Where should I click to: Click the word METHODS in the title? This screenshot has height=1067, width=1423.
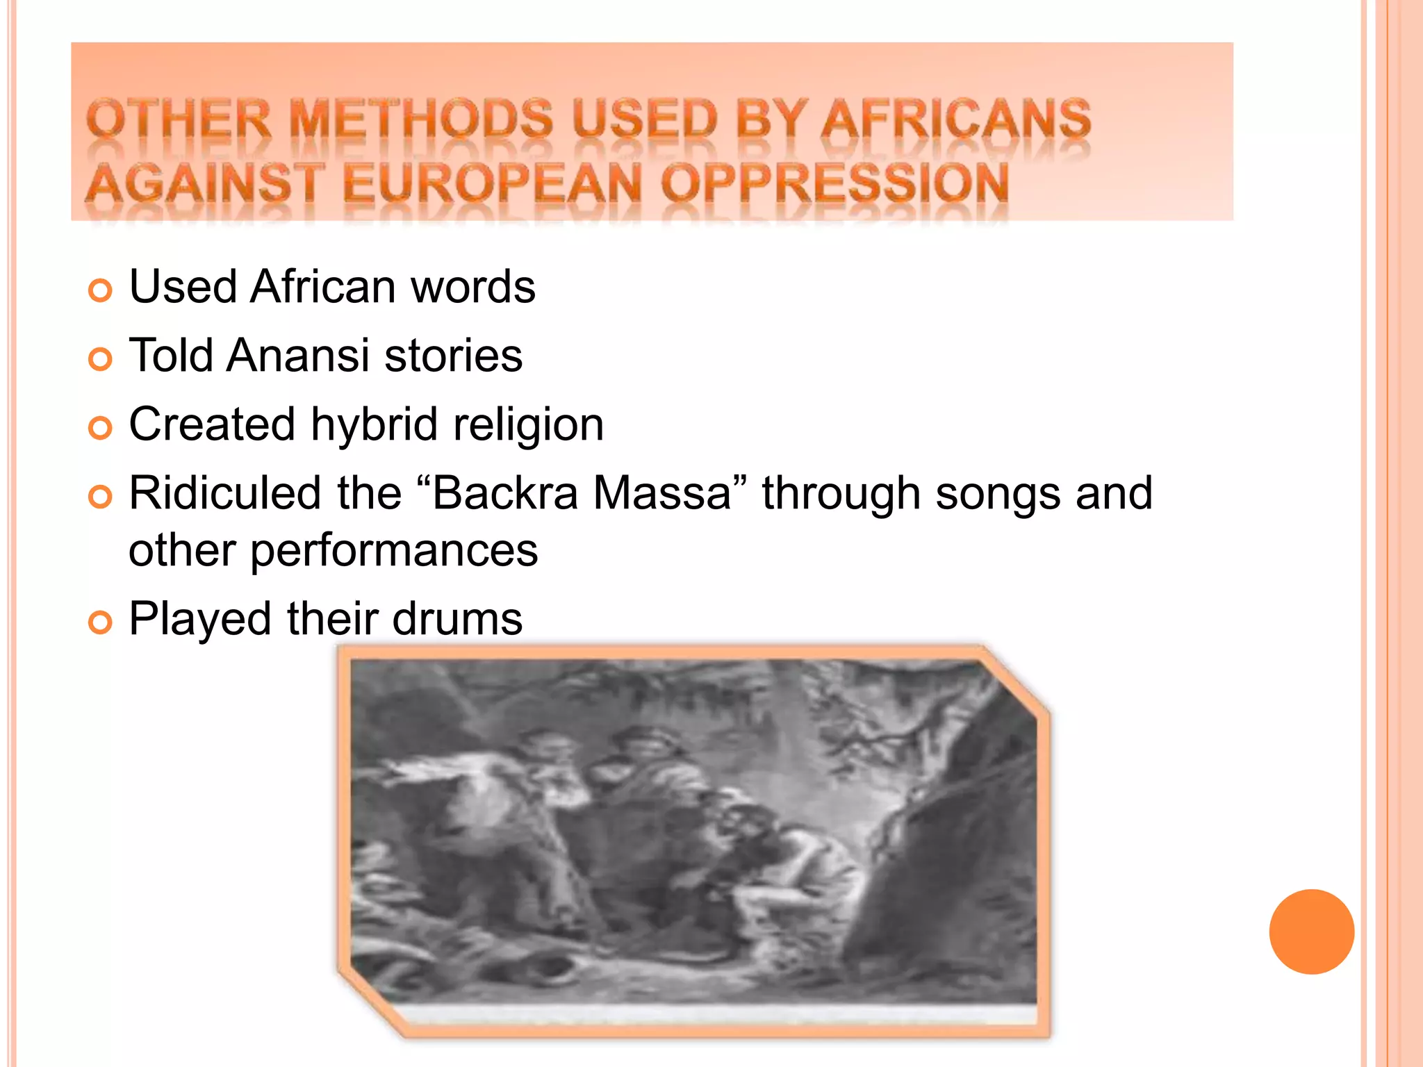421,119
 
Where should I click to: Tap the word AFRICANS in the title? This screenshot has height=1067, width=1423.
956,119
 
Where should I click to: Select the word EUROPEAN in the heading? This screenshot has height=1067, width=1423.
492,183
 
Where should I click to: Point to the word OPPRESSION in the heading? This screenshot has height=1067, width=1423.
834,183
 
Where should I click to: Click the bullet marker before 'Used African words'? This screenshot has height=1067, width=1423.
100,290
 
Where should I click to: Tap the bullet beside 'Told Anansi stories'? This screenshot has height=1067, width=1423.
100,359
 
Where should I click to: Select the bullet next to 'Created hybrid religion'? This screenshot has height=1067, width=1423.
100,428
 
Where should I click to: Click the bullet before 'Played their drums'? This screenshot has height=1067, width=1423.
100,622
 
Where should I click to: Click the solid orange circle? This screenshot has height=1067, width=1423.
1311,932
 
